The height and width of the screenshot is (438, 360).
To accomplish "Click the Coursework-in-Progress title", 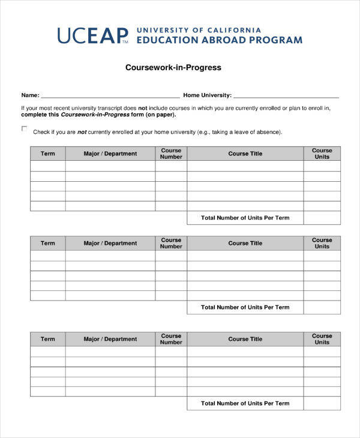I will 173,68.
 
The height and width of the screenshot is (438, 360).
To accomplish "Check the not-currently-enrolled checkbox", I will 25,129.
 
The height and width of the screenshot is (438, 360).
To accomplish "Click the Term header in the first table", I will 47,154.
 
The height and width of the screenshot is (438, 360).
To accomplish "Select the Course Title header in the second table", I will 245,243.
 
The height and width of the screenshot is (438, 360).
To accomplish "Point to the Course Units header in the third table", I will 322,339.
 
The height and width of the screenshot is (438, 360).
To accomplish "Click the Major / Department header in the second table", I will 110,243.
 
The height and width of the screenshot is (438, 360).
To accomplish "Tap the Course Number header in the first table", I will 171,154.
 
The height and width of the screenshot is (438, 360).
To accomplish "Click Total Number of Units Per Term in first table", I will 245,218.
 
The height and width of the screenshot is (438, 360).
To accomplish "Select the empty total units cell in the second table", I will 322,307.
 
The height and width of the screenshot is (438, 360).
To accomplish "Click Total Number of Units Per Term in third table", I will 245,403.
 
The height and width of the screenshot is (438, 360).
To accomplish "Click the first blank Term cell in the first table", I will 47,166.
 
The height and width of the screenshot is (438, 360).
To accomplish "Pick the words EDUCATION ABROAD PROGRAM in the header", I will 220,40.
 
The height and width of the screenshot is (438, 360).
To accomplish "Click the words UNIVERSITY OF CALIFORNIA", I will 199,29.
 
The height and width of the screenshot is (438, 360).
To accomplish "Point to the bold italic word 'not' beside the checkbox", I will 82,132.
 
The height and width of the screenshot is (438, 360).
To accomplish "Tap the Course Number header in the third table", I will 171,339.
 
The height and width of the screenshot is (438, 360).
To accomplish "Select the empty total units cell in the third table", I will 322,403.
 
